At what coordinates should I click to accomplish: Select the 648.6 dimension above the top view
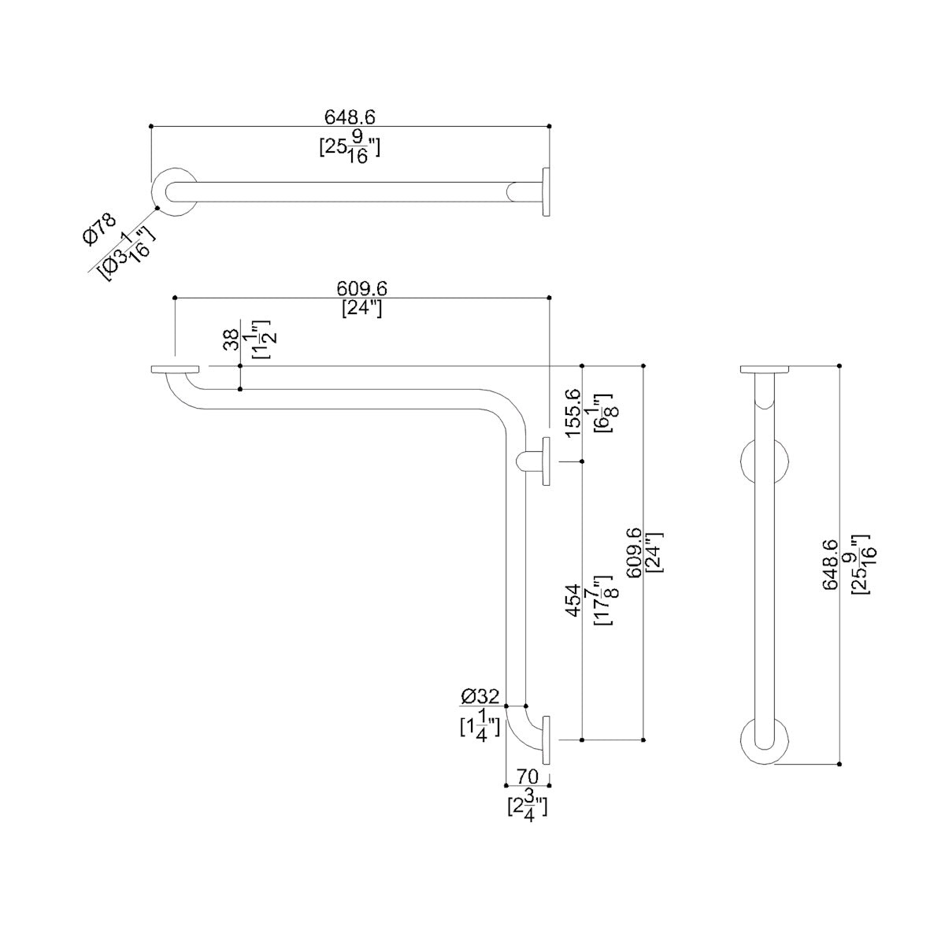tap(350, 117)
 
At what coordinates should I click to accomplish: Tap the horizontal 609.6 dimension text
tap(362, 290)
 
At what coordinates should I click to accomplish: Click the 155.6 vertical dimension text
tap(573, 412)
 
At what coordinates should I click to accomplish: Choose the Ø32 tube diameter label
tap(480, 696)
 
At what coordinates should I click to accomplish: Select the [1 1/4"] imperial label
tap(480, 724)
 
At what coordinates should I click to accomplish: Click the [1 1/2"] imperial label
tap(261, 339)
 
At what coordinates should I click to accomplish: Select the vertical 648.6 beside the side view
tap(832, 565)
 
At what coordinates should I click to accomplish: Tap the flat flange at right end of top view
tap(545, 190)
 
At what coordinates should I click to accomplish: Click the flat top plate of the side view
tap(765, 370)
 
